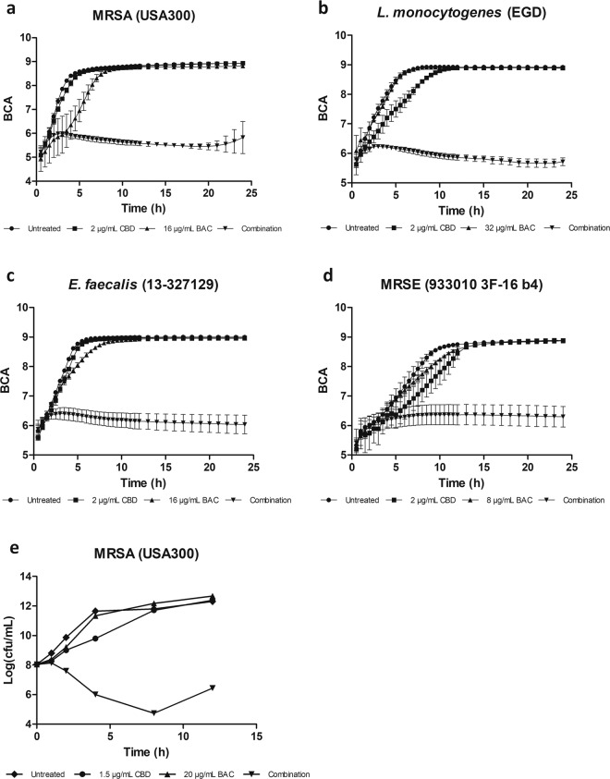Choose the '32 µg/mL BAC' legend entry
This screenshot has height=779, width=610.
coord(494,225)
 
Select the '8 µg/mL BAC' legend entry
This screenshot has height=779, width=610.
coord(493,499)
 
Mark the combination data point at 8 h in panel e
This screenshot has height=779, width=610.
coord(153,712)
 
